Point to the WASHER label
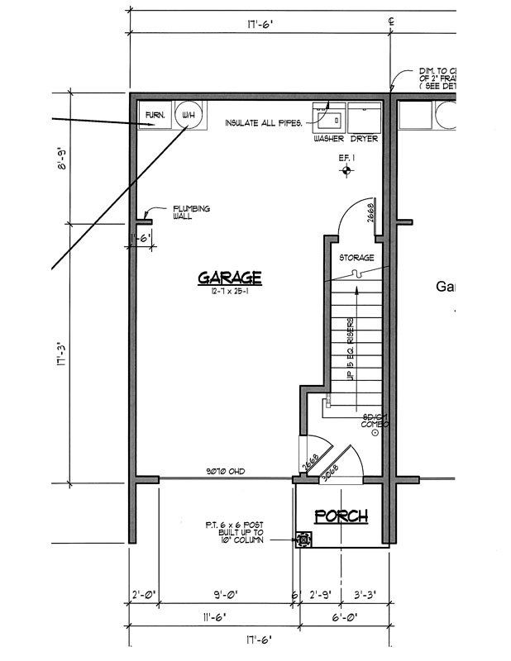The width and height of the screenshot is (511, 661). click(x=328, y=139)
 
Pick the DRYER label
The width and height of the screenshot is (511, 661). click(x=364, y=139)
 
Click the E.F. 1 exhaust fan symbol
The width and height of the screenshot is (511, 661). click(x=347, y=170)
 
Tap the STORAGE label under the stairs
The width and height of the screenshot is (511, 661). click(x=357, y=258)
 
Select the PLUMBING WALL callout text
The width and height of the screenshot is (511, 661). click(x=191, y=212)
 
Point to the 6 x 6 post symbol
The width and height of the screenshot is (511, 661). click(x=304, y=540)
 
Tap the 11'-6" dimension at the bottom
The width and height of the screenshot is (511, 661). click(x=213, y=616)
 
